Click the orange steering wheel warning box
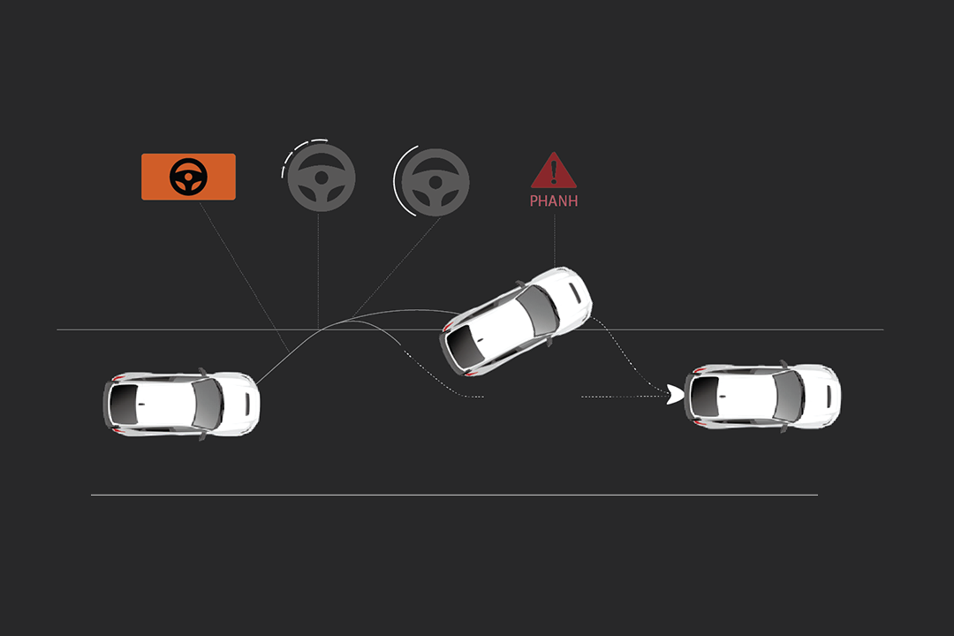coord(189,177)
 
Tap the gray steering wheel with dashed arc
coord(321,177)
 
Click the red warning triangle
coord(554,170)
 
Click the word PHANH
coord(554,201)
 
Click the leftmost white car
coord(181,404)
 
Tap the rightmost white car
coord(762,397)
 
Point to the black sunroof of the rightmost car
coord(705,397)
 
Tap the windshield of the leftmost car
coord(208,404)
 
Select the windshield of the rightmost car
coord(789,397)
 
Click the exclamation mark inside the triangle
coord(554,170)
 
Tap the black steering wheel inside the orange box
coord(189,177)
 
